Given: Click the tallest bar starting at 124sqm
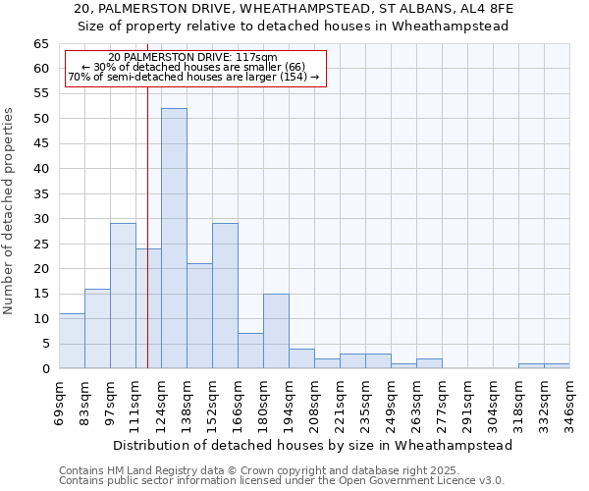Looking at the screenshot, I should (x=174, y=239).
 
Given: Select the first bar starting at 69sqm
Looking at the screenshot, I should (x=72, y=341).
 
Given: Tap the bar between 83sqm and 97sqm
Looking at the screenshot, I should (x=97, y=329).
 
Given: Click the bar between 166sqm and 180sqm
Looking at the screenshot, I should (x=250, y=351).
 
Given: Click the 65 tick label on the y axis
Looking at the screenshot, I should (x=41, y=44).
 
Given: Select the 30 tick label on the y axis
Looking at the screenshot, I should (x=41, y=219).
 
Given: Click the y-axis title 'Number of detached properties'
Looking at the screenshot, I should (x=10, y=211).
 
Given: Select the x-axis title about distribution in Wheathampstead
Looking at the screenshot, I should (x=312, y=445).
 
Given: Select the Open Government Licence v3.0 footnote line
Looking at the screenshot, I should (x=282, y=481).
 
